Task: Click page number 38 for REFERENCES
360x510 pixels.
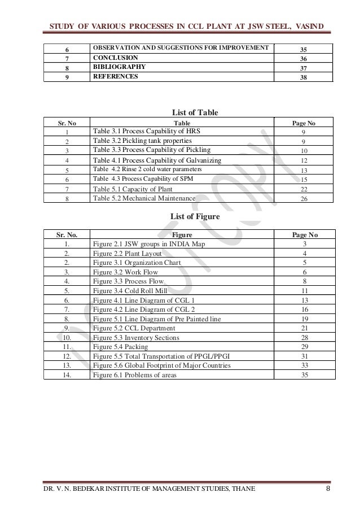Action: [304, 77]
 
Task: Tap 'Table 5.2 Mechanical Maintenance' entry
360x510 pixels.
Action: [144, 199]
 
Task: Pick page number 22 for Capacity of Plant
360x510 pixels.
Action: [304, 189]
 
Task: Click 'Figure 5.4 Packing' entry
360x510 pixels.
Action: [121, 346]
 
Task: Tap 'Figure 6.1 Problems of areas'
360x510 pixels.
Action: [135, 374]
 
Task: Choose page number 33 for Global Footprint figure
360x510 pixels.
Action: [304, 365]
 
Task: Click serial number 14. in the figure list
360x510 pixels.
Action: [67, 374]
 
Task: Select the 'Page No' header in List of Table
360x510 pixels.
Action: [304, 122]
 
